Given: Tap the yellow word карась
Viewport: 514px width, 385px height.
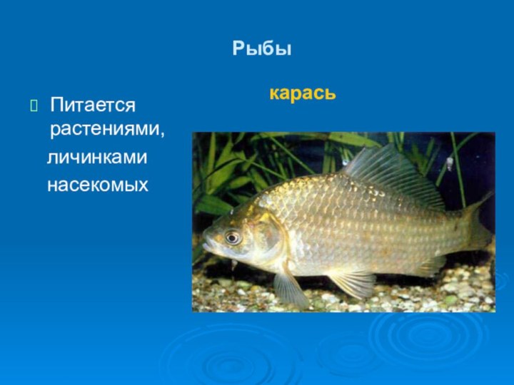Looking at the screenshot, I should pos(303,93).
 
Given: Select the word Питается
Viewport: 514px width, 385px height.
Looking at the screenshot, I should pos(93,106).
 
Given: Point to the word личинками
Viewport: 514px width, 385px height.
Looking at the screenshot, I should pos(97,158).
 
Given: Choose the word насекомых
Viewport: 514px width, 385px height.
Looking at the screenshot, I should pos(98,185).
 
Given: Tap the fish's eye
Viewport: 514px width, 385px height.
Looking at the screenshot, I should pos(232,237).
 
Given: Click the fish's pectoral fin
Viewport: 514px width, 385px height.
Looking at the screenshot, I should pos(290,287).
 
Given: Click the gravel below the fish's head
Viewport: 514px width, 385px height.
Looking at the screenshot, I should pos(236,292).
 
